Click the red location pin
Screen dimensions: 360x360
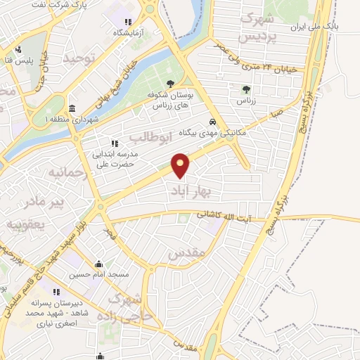[181, 165]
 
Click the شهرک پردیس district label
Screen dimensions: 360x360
[256, 25]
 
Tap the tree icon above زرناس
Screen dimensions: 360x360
[246, 89]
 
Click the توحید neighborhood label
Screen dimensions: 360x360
[78, 59]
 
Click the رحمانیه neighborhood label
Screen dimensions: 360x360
[68, 173]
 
